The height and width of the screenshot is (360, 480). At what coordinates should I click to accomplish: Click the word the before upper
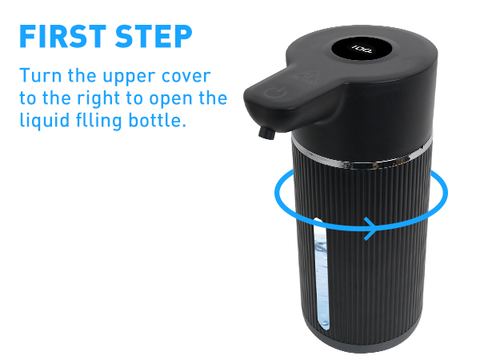83,78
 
